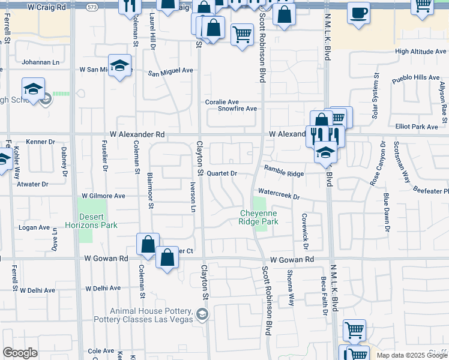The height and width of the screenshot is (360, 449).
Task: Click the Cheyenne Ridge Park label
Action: pyautogui.click(x=259, y=217)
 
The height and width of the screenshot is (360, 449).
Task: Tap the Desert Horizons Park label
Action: pyautogui.click(x=94, y=220)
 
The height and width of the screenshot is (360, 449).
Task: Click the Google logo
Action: pyautogui.click(x=20, y=353)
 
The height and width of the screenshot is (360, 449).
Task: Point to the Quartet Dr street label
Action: pyautogui.click(x=222, y=173)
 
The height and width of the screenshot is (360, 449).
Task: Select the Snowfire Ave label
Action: pyautogui.click(x=237, y=109)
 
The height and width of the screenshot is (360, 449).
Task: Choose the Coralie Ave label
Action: pyautogui.click(x=222, y=101)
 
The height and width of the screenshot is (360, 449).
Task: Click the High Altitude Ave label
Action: pyautogui.click(x=421, y=52)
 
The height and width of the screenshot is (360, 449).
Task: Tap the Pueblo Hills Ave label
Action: pyautogui.click(x=416, y=77)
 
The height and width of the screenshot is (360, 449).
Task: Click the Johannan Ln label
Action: pyautogui.click(x=41, y=62)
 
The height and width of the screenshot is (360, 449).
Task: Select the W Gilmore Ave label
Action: pyautogui.click(x=104, y=196)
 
